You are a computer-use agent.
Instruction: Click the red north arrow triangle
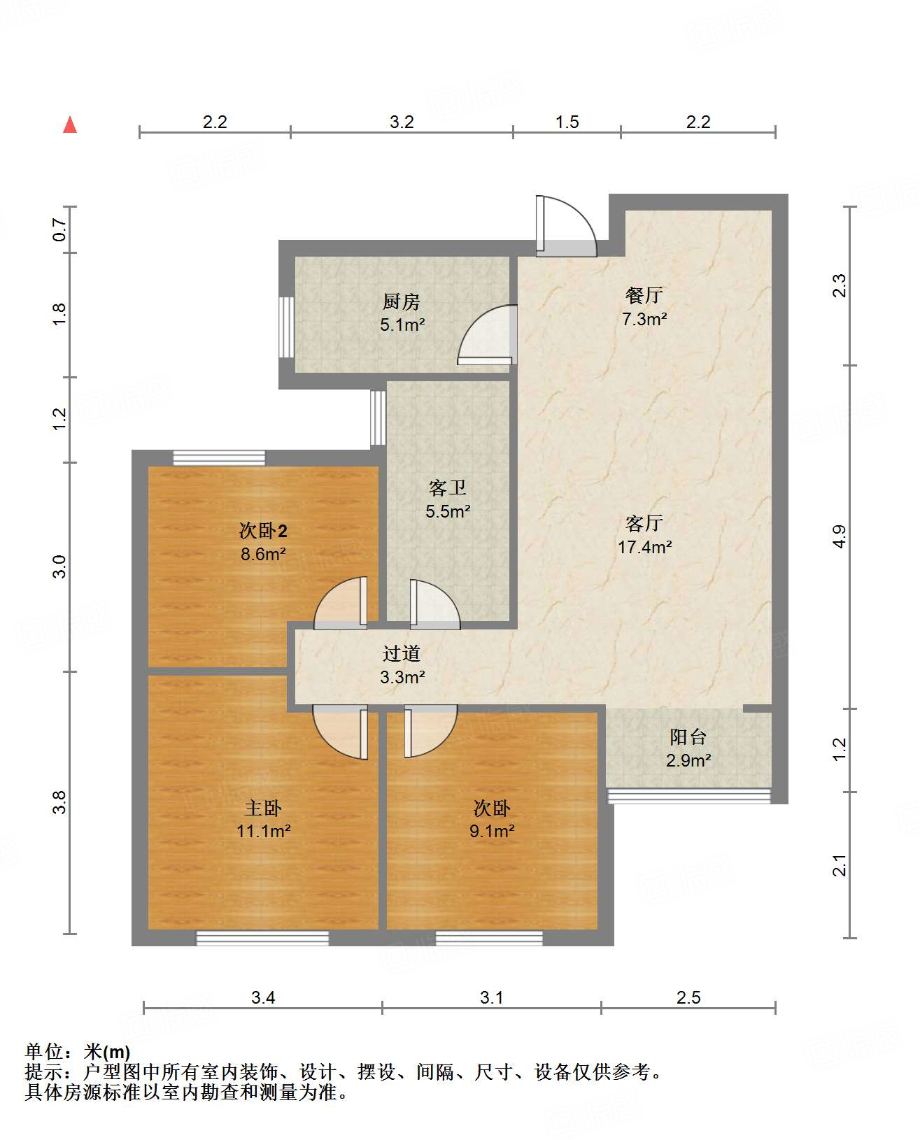coord(70,125)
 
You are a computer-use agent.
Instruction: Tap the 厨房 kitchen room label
coord(402,301)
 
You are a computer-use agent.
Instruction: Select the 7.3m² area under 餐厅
coord(644,320)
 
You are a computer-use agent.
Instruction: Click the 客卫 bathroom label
coord(447,487)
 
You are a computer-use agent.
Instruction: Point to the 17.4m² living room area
coord(644,547)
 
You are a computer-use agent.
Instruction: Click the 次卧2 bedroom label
coord(263,531)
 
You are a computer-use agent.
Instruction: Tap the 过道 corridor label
coord(402,653)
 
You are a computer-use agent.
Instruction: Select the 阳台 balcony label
coord(688,736)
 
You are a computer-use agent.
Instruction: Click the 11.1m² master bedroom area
coord(263,832)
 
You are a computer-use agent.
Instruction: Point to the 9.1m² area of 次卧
coord(492,832)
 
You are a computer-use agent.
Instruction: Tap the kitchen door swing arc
coord(484,334)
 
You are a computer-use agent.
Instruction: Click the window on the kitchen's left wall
coord(286,327)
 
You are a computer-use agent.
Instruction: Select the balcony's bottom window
coord(688,796)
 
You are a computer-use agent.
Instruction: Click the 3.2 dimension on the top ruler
coord(402,122)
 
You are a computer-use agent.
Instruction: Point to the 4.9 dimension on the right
coord(840,536)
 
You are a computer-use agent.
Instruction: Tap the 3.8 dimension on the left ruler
coord(60,801)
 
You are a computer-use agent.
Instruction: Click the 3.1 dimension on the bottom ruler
coord(491,998)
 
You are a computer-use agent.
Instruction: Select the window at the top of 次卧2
coord(219,458)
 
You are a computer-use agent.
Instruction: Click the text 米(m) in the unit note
coord(107,1051)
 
